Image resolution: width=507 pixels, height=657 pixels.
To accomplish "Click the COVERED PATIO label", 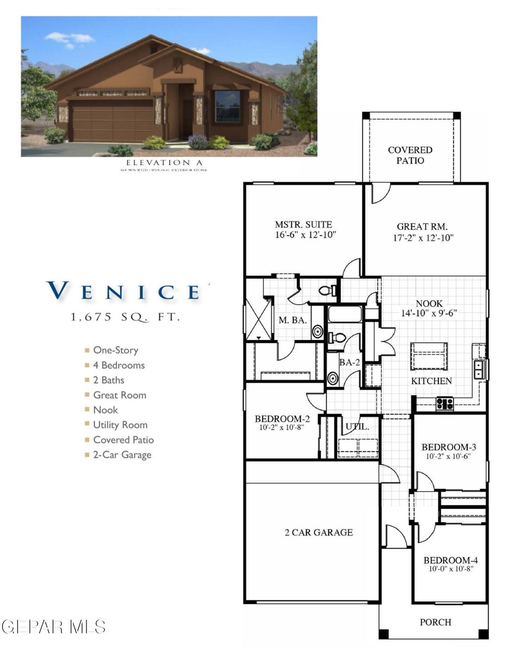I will pyautogui.click(x=410, y=155).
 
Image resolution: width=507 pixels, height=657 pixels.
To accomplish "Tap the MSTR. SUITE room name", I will pyautogui.click(x=303, y=224).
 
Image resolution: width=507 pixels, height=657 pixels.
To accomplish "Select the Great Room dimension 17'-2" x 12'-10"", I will pyautogui.click(x=423, y=238).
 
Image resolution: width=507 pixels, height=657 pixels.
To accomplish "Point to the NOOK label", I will pyautogui.click(x=429, y=303).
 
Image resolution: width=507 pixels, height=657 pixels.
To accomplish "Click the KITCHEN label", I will pyautogui.click(x=431, y=381).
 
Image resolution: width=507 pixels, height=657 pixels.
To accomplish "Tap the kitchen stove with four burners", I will pyautogui.click(x=445, y=404).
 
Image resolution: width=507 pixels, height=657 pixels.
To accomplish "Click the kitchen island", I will pyautogui.click(x=429, y=356).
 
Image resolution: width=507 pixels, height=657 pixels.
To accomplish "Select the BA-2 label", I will pyautogui.click(x=349, y=363).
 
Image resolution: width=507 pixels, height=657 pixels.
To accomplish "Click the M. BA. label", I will pyautogui.click(x=292, y=321).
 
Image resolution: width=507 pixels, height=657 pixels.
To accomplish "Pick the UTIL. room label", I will pyautogui.click(x=357, y=426).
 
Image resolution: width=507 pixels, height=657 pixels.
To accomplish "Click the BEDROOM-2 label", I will pyautogui.click(x=282, y=419).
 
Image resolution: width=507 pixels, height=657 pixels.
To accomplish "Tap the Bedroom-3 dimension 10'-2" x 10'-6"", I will pyautogui.click(x=448, y=456).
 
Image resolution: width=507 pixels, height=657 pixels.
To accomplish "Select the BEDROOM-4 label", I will pyautogui.click(x=451, y=560).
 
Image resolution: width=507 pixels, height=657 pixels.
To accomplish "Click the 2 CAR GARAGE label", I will pyautogui.click(x=319, y=533).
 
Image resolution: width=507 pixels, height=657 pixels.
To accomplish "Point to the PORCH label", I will pyautogui.click(x=435, y=622).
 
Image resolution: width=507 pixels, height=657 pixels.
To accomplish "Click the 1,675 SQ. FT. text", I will pyautogui.click(x=125, y=317).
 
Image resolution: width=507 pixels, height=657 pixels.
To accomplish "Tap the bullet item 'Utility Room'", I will pyautogui.click(x=120, y=425).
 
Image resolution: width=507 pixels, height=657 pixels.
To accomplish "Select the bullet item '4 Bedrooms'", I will pyautogui.click(x=119, y=365).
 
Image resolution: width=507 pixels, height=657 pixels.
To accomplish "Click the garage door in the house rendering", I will pyautogui.click(x=111, y=120).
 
